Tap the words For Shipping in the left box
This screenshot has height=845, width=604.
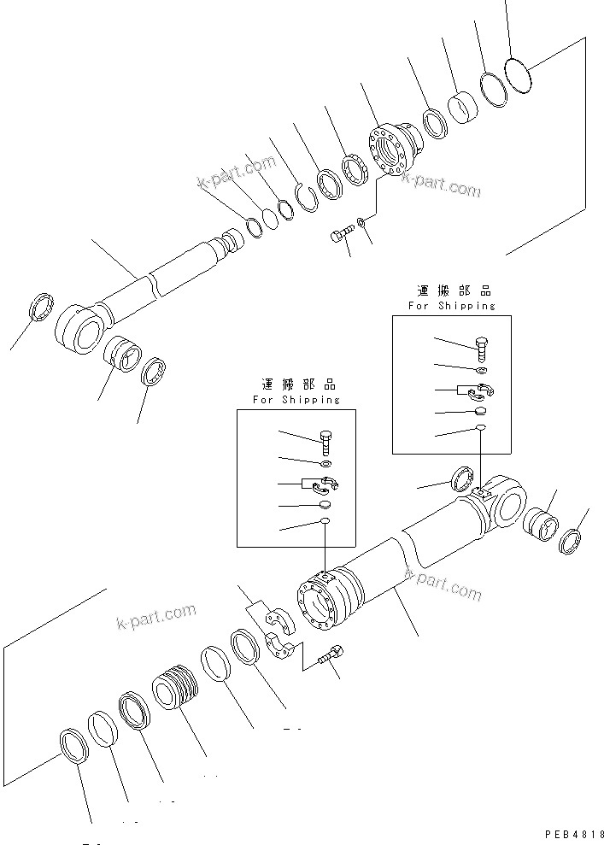(296, 399)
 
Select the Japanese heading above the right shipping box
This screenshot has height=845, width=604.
(450, 292)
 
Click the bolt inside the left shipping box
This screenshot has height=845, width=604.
(326, 443)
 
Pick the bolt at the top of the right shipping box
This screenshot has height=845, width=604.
(481, 347)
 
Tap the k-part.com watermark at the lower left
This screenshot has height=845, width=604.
(156, 615)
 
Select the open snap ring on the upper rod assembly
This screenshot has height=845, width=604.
(307, 197)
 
